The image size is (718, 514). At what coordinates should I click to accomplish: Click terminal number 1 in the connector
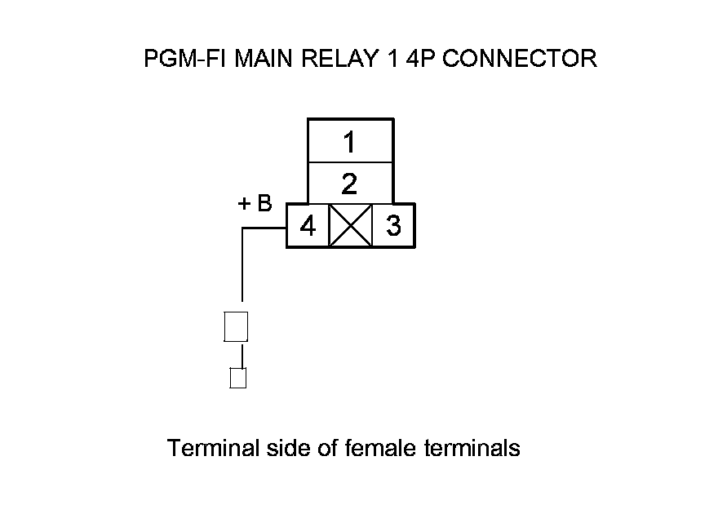click(349, 143)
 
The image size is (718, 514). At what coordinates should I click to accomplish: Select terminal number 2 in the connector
click(349, 184)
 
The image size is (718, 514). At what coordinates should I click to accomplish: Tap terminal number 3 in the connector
click(393, 226)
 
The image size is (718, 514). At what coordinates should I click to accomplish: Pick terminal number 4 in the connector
click(308, 226)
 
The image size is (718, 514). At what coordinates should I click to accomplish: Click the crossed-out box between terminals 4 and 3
click(350, 226)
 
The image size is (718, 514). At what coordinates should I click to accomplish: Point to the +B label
click(255, 204)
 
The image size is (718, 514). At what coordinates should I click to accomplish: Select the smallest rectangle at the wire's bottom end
click(238, 379)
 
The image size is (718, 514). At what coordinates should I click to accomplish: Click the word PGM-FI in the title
click(185, 59)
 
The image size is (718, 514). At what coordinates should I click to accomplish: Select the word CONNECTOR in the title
click(519, 59)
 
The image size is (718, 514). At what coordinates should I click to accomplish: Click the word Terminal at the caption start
click(214, 448)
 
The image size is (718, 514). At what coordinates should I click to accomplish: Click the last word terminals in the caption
click(473, 448)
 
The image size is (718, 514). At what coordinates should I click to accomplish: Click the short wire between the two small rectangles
click(239, 355)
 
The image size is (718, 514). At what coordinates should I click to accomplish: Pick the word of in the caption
click(327, 448)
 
